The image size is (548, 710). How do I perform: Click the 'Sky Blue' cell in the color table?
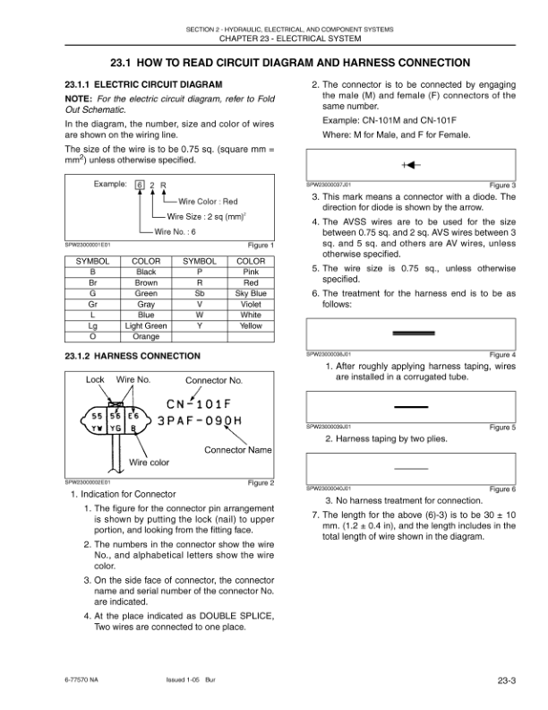tap(251, 293)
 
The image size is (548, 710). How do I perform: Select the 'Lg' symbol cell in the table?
tap(92, 326)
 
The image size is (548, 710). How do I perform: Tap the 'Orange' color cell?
tap(145, 337)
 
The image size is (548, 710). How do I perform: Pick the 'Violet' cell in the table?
tap(251, 304)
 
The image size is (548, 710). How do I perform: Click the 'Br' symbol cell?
tap(92, 282)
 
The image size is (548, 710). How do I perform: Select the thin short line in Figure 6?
tap(411, 468)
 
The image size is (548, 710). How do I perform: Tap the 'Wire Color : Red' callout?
tap(208, 202)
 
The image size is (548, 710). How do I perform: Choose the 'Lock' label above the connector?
tap(95, 380)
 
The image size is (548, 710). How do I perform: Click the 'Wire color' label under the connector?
tap(150, 463)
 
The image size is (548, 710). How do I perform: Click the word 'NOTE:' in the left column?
tap(79, 98)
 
